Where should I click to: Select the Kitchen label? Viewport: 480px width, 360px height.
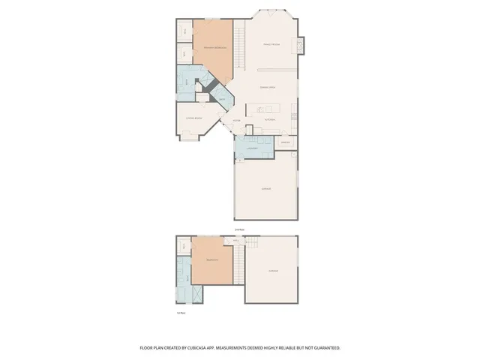pos(270,120)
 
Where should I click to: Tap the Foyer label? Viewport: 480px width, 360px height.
pos(235,121)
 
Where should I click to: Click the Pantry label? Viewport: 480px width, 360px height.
pos(285,142)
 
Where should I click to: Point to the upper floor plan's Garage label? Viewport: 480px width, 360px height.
pos(265,189)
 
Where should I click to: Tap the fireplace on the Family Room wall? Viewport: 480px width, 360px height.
pos(301,46)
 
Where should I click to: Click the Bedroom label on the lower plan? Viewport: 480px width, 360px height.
pos(212,260)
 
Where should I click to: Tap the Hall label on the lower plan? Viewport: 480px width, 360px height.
pos(235,241)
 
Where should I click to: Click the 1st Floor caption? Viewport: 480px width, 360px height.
pos(180,311)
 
